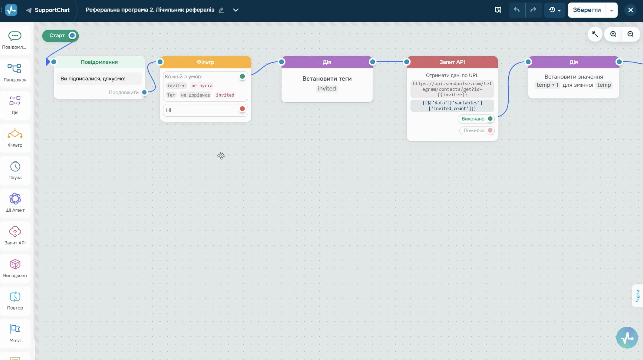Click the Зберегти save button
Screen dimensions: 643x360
tap(587, 10)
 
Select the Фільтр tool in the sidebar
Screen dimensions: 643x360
tap(15, 138)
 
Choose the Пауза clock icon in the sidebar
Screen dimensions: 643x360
tap(15, 166)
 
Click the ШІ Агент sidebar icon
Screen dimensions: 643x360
tap(15, 199)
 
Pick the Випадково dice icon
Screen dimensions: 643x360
tap(15, 264)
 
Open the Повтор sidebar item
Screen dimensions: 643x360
tap(15, 301)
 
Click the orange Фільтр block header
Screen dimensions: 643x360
tap(205, 62)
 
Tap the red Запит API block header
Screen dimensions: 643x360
tap(452, 62)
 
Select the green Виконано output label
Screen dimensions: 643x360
tap(473, 119)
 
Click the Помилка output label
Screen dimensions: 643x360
tap(474, 131)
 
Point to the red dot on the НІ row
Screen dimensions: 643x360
tap(242, 109)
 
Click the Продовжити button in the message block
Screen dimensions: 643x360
tap(124, 92)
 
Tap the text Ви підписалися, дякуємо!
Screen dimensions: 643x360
tap(93, 79)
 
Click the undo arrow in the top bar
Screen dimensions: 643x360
tap(517, 10)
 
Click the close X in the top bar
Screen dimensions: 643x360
tap(630, 10)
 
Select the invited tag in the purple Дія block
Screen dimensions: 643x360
tap(327, 89)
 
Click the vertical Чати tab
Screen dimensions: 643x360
tap(638, 296)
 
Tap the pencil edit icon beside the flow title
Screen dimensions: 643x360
tap(221, 10)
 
